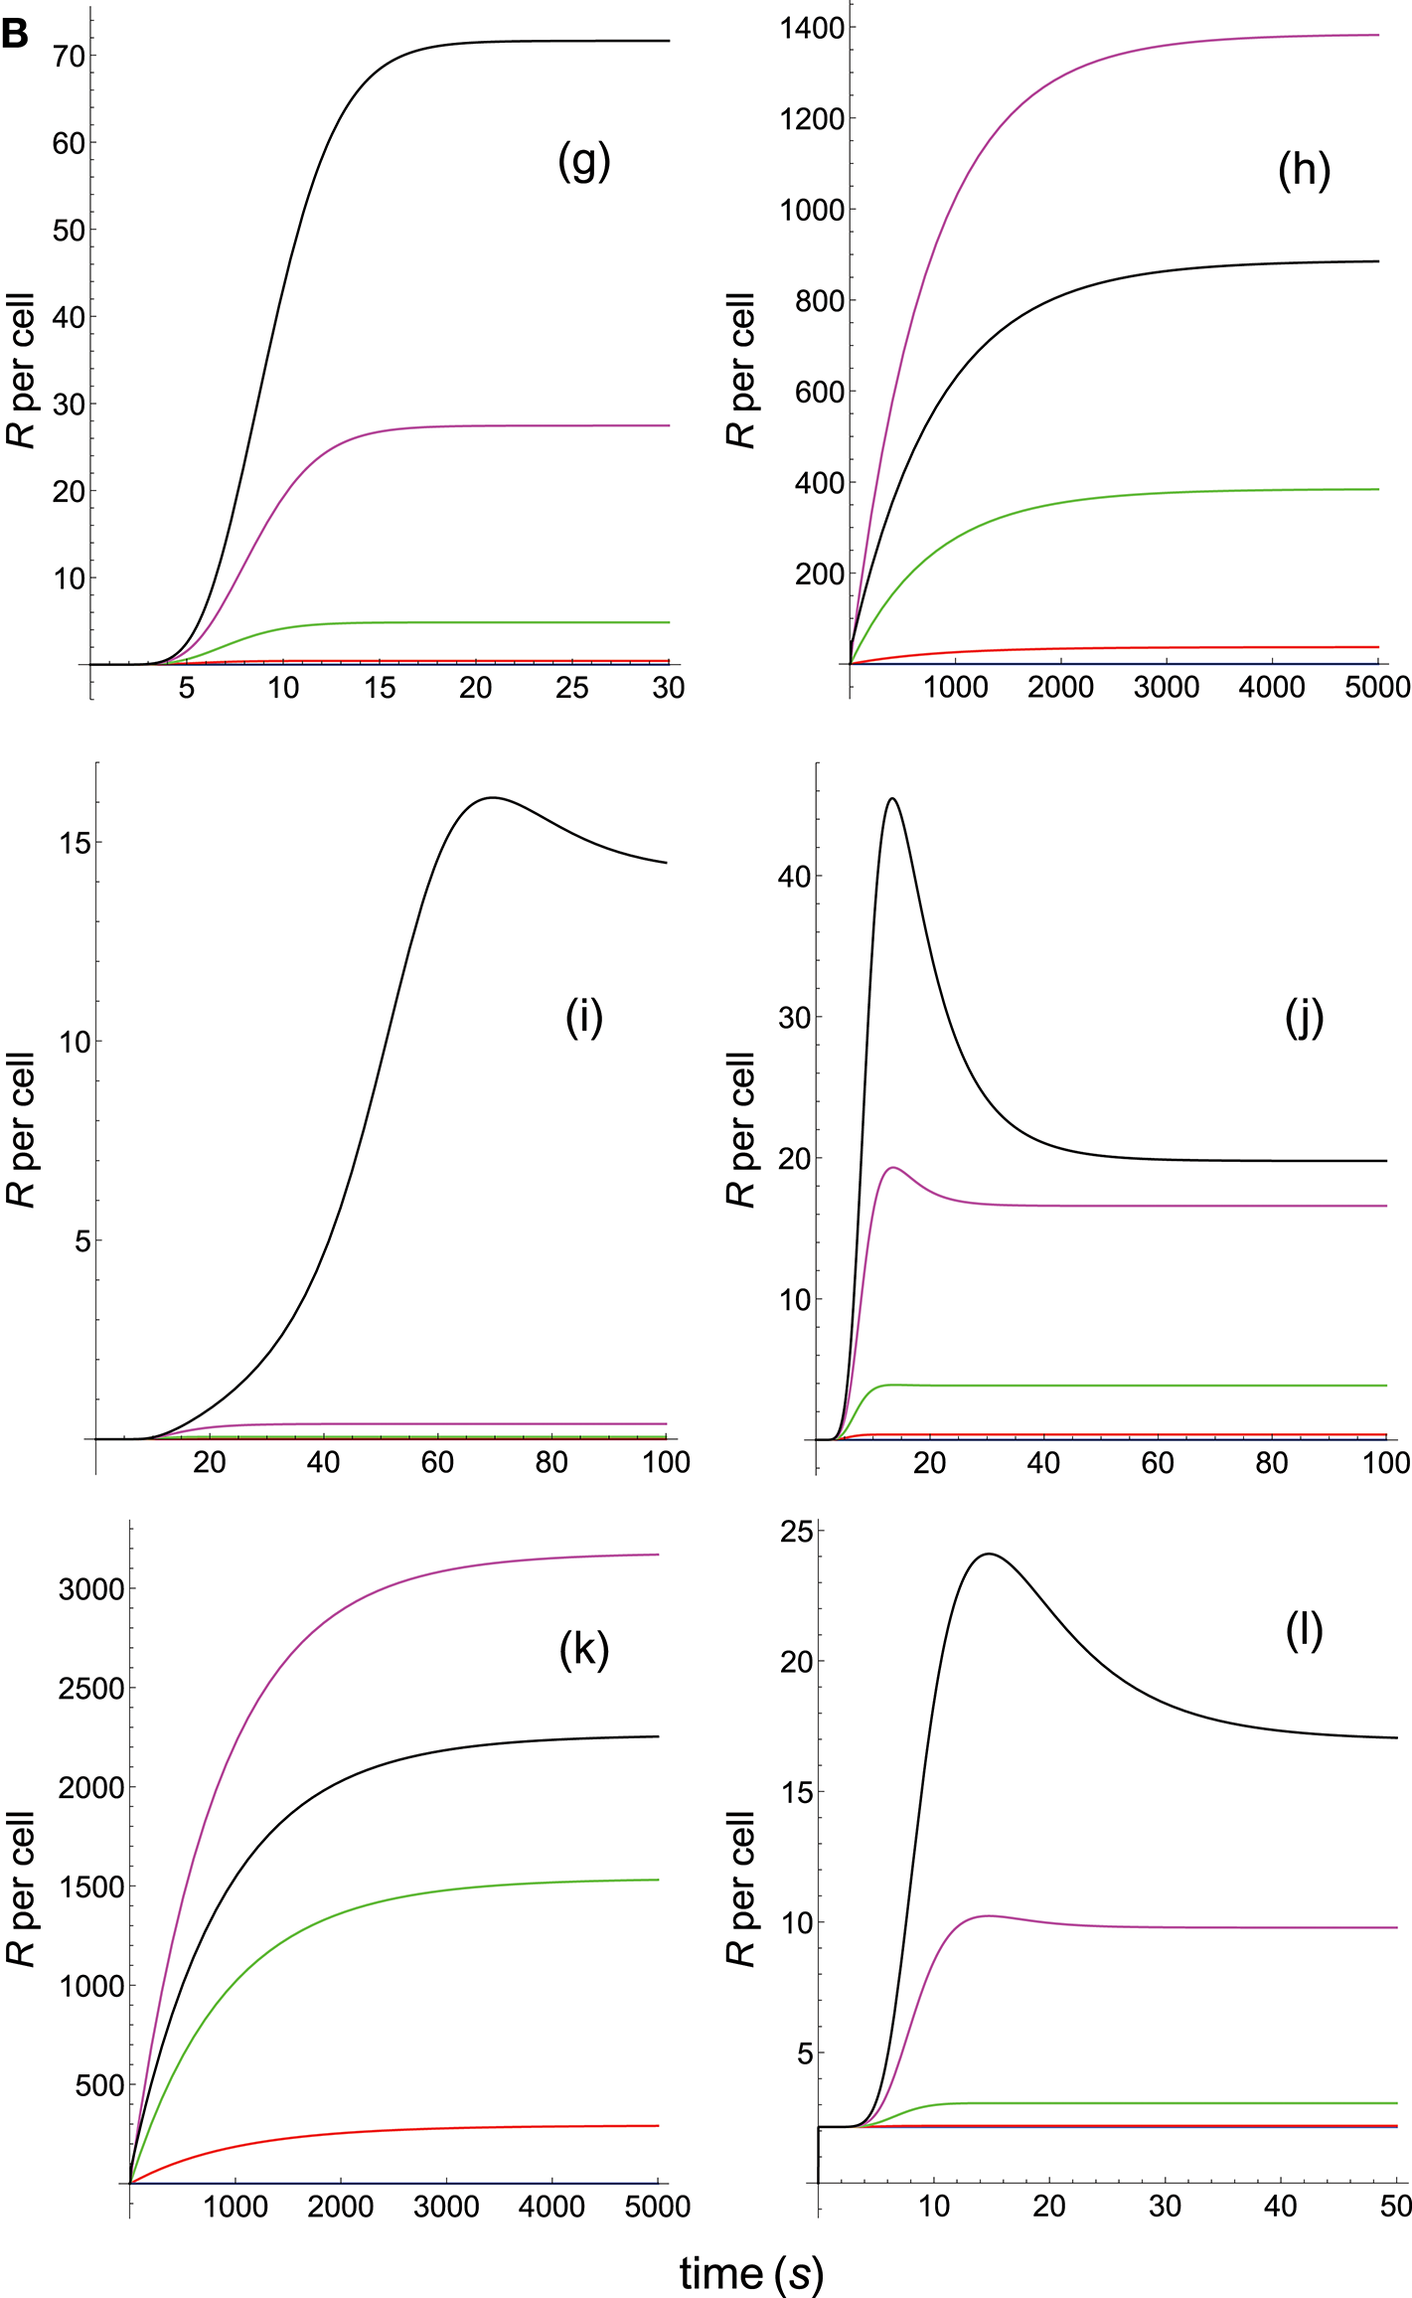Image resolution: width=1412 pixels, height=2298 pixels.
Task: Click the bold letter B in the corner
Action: point(15,34)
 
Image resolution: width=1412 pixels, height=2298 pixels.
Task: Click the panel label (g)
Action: point(583,160)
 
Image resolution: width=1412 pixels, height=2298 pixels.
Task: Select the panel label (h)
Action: point(1304,170)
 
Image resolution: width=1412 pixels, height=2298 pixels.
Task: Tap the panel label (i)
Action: point(584,1017)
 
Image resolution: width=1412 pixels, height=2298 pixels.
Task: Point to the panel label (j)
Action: point(1304,1017)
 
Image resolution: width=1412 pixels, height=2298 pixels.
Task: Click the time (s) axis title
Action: point(751,2272)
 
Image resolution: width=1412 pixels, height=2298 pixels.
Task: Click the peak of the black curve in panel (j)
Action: point(892,798)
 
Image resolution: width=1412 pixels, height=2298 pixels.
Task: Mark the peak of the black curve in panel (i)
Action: point(492,797)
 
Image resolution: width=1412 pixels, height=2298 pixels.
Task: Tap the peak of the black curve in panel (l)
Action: point(989,1554)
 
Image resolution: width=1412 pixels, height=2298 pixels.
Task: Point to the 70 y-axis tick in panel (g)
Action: point(70,57)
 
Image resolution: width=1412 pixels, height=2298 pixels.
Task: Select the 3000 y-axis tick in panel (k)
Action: point(91,1589)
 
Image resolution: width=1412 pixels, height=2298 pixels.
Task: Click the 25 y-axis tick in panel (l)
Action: point(796,1532)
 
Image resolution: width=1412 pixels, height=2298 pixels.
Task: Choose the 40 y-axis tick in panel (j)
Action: point(795,877)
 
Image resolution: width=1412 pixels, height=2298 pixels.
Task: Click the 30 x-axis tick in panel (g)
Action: point(669,688)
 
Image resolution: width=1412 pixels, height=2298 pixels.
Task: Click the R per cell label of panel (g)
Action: point(21,370)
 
